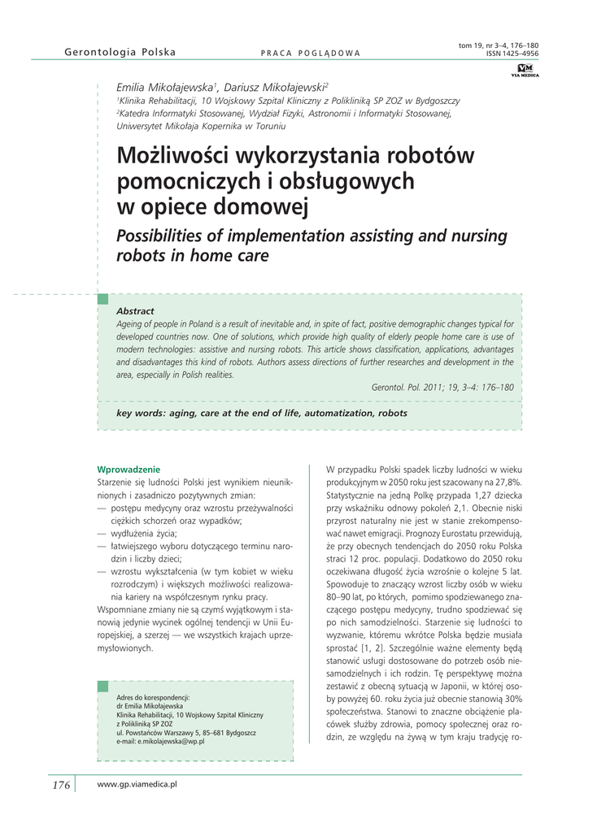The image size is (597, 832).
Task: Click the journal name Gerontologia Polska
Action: tap(120, 53)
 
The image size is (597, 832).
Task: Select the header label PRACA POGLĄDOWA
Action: tap(310, 54)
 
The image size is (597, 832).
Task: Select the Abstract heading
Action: tap(135, 311)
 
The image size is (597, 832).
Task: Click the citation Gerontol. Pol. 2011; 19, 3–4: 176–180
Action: tap(442, 388)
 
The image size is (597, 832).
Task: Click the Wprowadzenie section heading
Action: tap(129, 469)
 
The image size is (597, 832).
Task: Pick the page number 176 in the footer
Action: tap(62, 785)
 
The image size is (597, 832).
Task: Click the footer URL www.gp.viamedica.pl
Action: tap(137, 784)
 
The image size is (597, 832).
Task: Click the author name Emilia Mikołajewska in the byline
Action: tap(165, 87)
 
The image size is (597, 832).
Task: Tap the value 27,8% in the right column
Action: tap(505, 483)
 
